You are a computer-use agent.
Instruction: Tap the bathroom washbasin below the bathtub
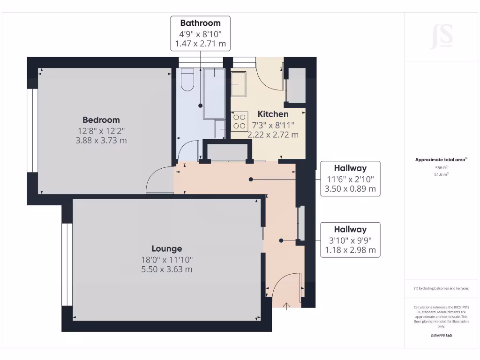pos(220,128)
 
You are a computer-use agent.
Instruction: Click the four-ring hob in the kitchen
pos(240,121)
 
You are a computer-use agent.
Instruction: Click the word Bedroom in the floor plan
pos(101,120)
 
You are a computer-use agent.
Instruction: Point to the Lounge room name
pos(166,248)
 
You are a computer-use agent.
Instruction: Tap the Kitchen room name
pos(273,114)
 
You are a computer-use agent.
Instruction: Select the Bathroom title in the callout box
pos(200,23)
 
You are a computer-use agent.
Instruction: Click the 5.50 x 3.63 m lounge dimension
pos(166,270)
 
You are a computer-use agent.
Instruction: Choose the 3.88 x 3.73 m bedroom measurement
pos(101,140)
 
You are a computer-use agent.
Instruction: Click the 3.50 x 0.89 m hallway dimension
pos(350,189)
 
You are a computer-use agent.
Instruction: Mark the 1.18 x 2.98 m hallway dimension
pos(350,250)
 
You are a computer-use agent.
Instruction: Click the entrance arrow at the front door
pos(287,306)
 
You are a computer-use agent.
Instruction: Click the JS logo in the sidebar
pos(442,37)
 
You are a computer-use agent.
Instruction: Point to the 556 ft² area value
pos(441,167)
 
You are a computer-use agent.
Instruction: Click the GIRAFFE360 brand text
pos(441,336)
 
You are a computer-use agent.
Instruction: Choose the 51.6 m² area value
pos(441,174)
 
